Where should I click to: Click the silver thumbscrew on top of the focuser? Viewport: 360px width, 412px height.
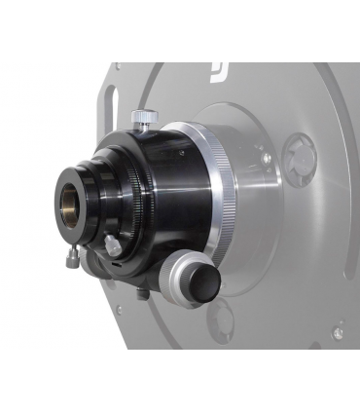tap(144, 118)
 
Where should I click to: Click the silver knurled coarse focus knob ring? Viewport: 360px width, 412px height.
tap(181, 279)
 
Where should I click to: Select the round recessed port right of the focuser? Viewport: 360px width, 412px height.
tap(299, 153)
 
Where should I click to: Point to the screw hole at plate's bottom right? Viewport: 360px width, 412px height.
tap(337, 332)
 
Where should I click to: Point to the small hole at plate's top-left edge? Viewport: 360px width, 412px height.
tap(119, 67)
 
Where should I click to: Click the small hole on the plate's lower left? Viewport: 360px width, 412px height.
tap(119, 311)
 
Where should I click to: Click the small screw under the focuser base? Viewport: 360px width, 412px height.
tap(143, 293)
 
